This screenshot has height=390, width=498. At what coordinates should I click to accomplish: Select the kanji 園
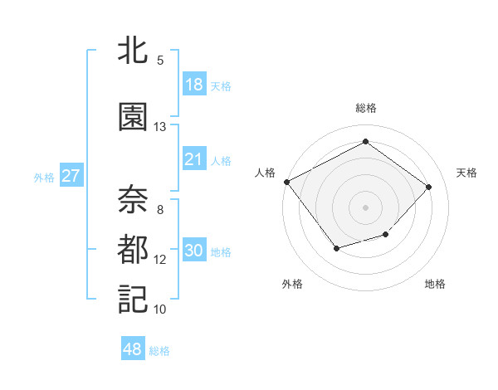[133, 118]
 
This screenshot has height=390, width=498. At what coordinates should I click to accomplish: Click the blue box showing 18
[193, 85]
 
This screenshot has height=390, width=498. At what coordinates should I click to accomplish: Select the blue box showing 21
[193, 159]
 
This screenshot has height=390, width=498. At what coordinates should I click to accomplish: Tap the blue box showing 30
[193, 251]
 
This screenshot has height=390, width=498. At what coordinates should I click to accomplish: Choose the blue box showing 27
[71, 176]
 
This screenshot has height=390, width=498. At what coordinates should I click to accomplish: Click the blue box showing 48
[133, 350]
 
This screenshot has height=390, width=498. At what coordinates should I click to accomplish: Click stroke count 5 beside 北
[159, 61]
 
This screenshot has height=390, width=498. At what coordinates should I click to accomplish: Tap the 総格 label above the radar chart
[366, 108]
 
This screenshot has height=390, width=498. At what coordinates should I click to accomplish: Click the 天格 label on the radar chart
[466, 173]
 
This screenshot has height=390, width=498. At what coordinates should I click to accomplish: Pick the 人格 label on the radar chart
[265, 173]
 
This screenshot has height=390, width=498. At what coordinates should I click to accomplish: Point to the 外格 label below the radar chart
[292, 284]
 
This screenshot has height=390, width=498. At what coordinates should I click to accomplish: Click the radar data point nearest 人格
[287, 182]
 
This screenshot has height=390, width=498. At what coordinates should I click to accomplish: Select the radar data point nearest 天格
[428, 187]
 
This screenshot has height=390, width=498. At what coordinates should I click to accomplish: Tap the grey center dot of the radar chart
[365, 207]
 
